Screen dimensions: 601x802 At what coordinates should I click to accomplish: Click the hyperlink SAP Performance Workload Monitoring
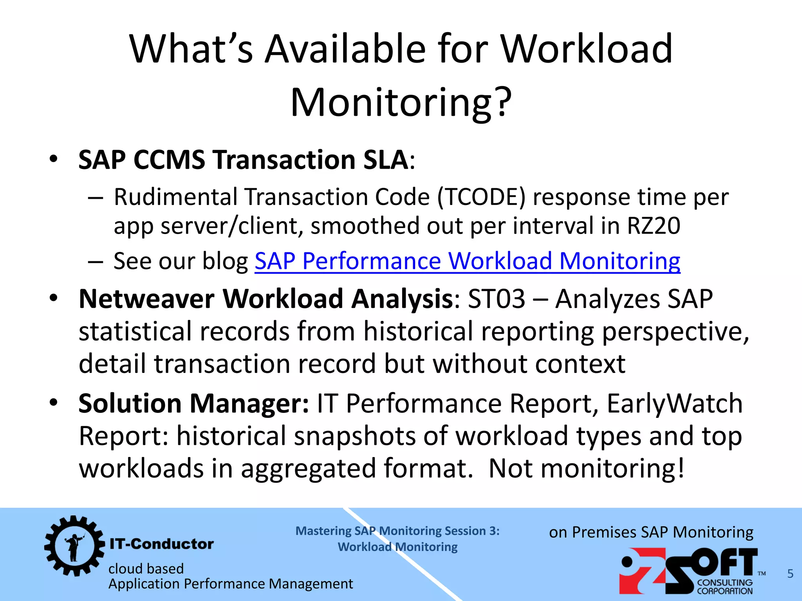(x=467, y=261)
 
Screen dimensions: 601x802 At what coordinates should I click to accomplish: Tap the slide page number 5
(x=790, y=574)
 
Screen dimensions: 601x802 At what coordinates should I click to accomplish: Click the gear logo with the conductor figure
(x=74, y=545)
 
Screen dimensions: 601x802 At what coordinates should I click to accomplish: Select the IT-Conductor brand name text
(x=162, y=544)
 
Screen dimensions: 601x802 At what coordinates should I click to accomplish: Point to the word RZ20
(x=653, y=226)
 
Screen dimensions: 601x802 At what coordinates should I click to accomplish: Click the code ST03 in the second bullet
(x=496, y=299)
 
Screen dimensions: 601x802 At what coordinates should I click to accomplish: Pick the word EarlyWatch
(x=674, y=403)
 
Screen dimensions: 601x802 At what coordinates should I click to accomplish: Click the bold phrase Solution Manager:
(x=194, y=403)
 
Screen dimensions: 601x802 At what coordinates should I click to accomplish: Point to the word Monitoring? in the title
(x=401, y=102)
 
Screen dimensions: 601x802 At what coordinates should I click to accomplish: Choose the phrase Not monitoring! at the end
(x=587, y=468)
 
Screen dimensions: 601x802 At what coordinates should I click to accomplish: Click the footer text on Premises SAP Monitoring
(x=651, y=533)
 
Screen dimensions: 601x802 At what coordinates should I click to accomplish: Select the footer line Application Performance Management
(x=231, y=584)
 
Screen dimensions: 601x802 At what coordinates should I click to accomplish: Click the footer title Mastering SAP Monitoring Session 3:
(x=397, y=531)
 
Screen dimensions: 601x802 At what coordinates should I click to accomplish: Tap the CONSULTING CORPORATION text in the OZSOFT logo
(x=725, y=587)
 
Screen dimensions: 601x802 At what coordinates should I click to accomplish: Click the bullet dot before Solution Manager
(x=54, y=403)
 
